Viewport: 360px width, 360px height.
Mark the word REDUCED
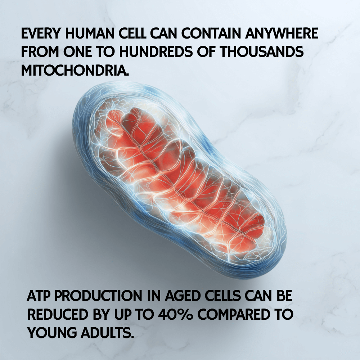pyautogui.click(x=57, y=314)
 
